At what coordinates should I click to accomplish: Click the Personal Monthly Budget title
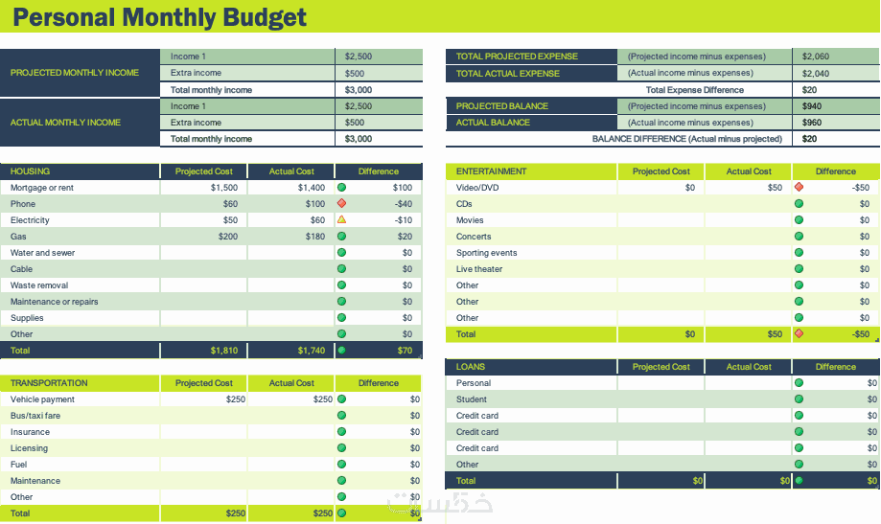click(160, 17)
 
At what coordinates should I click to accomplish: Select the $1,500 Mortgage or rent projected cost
click(223, 188)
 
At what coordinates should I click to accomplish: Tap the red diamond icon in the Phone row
click(341, 204)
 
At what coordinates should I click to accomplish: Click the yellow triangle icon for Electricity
click(341, 220)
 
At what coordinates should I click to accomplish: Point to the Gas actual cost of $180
click(311, 237)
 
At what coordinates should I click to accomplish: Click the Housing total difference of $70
click(405, 351)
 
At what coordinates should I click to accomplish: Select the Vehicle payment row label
click(42, 399)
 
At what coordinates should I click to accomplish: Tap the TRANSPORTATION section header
click(49, 383)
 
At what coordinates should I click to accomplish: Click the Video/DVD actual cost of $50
click(775, 188)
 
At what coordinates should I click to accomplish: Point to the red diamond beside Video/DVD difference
click(799, 188)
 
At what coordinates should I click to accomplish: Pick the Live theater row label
click(479, 269)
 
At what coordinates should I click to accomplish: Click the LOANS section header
click(471, 367)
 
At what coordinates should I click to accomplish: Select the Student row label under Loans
click(472, 399)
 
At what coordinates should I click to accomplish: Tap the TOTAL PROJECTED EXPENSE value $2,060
click(815, 57)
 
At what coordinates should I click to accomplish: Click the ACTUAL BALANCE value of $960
click(811, 123)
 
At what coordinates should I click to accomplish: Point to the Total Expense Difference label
click(694, 90)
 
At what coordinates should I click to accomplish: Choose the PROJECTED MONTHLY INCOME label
click(75, 73)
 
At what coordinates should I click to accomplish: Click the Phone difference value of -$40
click(403, 204)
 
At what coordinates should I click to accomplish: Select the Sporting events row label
click(486, 253)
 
